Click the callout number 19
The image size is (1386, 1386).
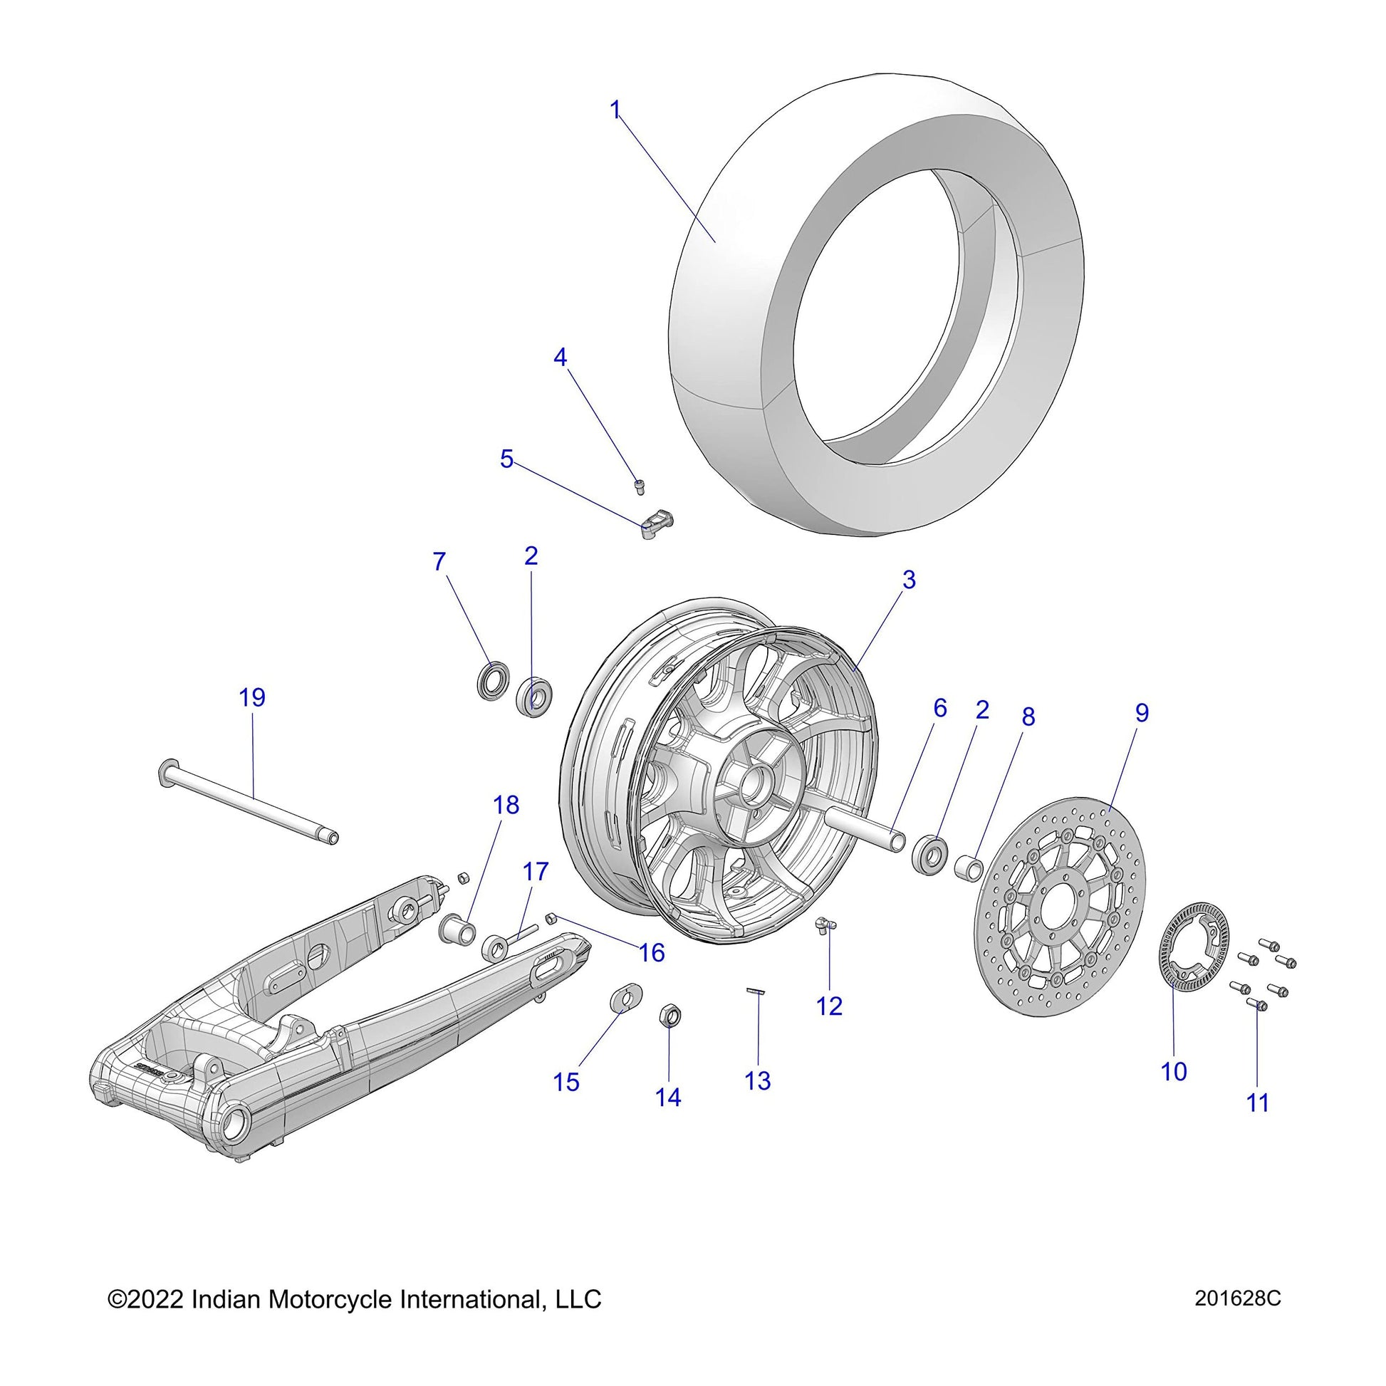tap(252, 697)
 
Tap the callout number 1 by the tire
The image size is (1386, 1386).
tap(615, 110)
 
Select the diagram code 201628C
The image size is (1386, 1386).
tap(1238, 1318)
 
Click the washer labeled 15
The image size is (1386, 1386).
tap(625, 998)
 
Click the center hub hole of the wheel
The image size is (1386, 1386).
tap(754, 784)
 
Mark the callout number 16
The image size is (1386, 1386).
tap(652, 953)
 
